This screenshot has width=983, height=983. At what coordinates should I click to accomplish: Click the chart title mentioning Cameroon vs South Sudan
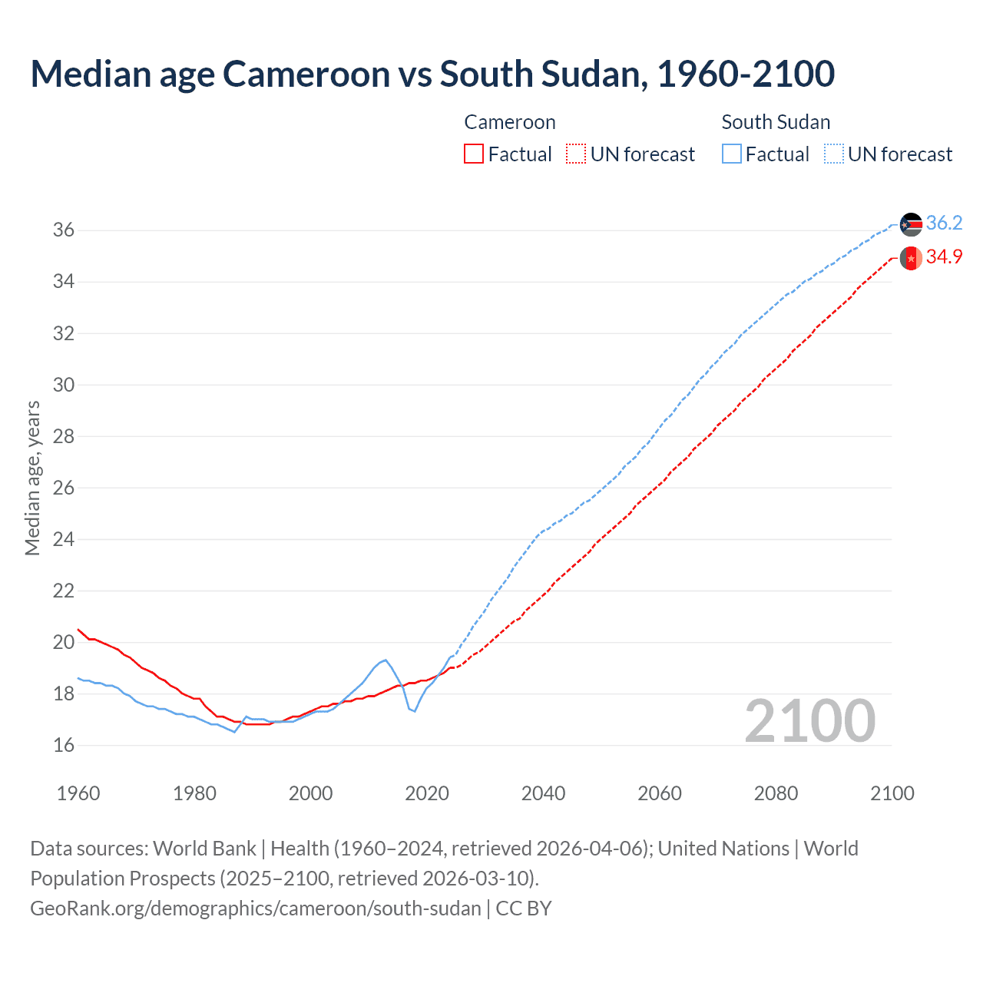[x=432, y=74]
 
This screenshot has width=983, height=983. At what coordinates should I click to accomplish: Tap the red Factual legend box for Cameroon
[x=474, y=154]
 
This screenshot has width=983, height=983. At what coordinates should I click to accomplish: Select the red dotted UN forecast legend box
[x=576, y=154]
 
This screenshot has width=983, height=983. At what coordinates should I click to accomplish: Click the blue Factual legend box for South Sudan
[x=732, y=154]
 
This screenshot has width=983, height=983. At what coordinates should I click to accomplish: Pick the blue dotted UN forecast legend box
[x=834, y=154]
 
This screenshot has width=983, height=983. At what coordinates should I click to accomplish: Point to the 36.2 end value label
[x=944, y=223]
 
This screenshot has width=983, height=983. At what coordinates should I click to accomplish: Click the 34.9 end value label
[x=944, y=257]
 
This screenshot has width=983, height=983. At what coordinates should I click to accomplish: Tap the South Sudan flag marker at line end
[x=911, y=224]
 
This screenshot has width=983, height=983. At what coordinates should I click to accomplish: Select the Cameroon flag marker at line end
[x=911, y=259]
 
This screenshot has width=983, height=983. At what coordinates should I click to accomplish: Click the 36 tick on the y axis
[x=63, y=230]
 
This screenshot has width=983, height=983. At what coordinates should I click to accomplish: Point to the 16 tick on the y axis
[x=63, y=745]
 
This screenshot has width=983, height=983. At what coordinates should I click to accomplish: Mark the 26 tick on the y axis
[x=63, y=488]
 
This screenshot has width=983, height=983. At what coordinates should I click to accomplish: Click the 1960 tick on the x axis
[x=78, y=793]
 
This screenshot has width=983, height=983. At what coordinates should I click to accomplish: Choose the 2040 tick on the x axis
[x=544, y=793]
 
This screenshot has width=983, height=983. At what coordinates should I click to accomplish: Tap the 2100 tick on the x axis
[x=892, y=793]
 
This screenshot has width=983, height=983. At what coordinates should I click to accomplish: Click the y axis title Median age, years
[x=32, y=478]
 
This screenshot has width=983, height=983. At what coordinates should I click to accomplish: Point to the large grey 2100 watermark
[x=810, y=720]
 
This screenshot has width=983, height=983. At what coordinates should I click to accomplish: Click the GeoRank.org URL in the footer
[x=256, y=909]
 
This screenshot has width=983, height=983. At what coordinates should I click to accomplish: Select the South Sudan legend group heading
[x=776, y=122]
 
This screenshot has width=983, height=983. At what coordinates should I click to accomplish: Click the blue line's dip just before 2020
[x=415, y=711]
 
